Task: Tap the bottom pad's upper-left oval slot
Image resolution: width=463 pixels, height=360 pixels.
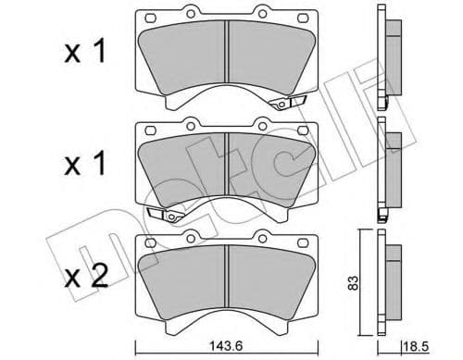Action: tap(150, 244)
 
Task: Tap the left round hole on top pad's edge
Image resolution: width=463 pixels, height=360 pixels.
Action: tap(191, 13)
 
